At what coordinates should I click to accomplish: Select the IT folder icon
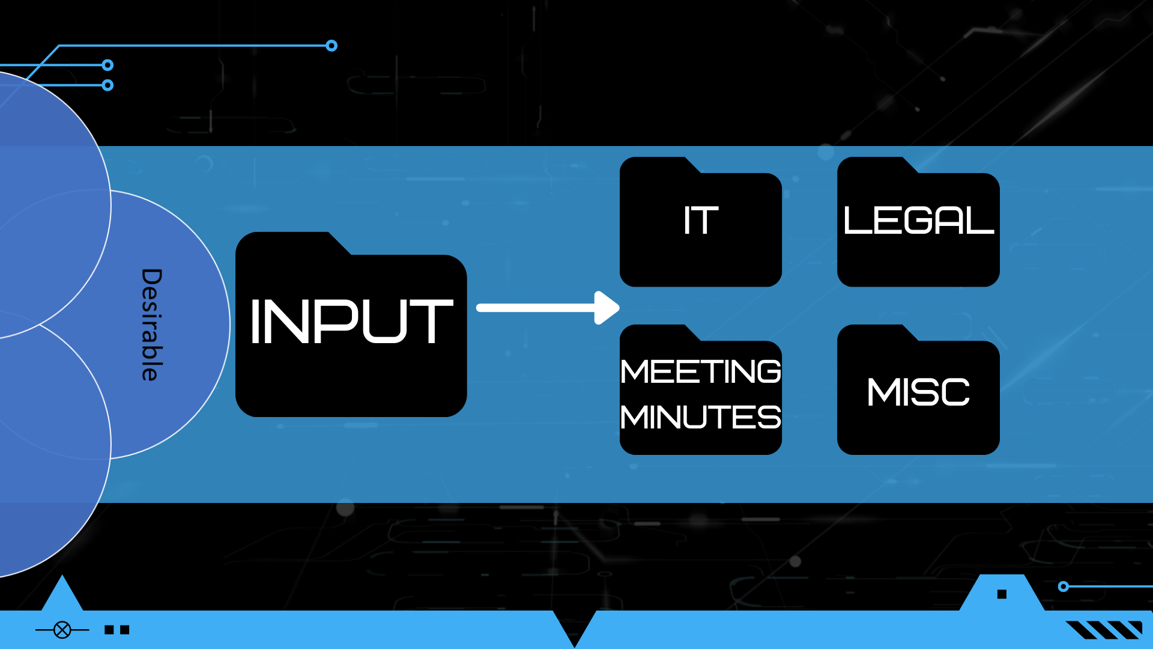tap(700, 228)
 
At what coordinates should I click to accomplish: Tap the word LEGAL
tap(918, 221)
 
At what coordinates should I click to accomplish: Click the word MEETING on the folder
tap(700, 371)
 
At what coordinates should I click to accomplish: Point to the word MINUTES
tap(700, 417)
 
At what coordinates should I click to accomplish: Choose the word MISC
tap(918, 392)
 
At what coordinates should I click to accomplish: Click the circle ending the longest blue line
tap(331, 46)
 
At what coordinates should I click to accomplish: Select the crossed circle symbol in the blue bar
tap(62, 630)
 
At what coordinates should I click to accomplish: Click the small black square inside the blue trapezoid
tap(1002, 594)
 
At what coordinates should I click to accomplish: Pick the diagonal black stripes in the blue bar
tap(1104, 630)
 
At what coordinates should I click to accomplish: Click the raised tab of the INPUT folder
tap(288, 243)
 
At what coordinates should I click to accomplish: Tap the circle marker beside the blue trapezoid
tap(1064, 587)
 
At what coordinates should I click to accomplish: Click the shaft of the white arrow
tap(534, 308)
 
